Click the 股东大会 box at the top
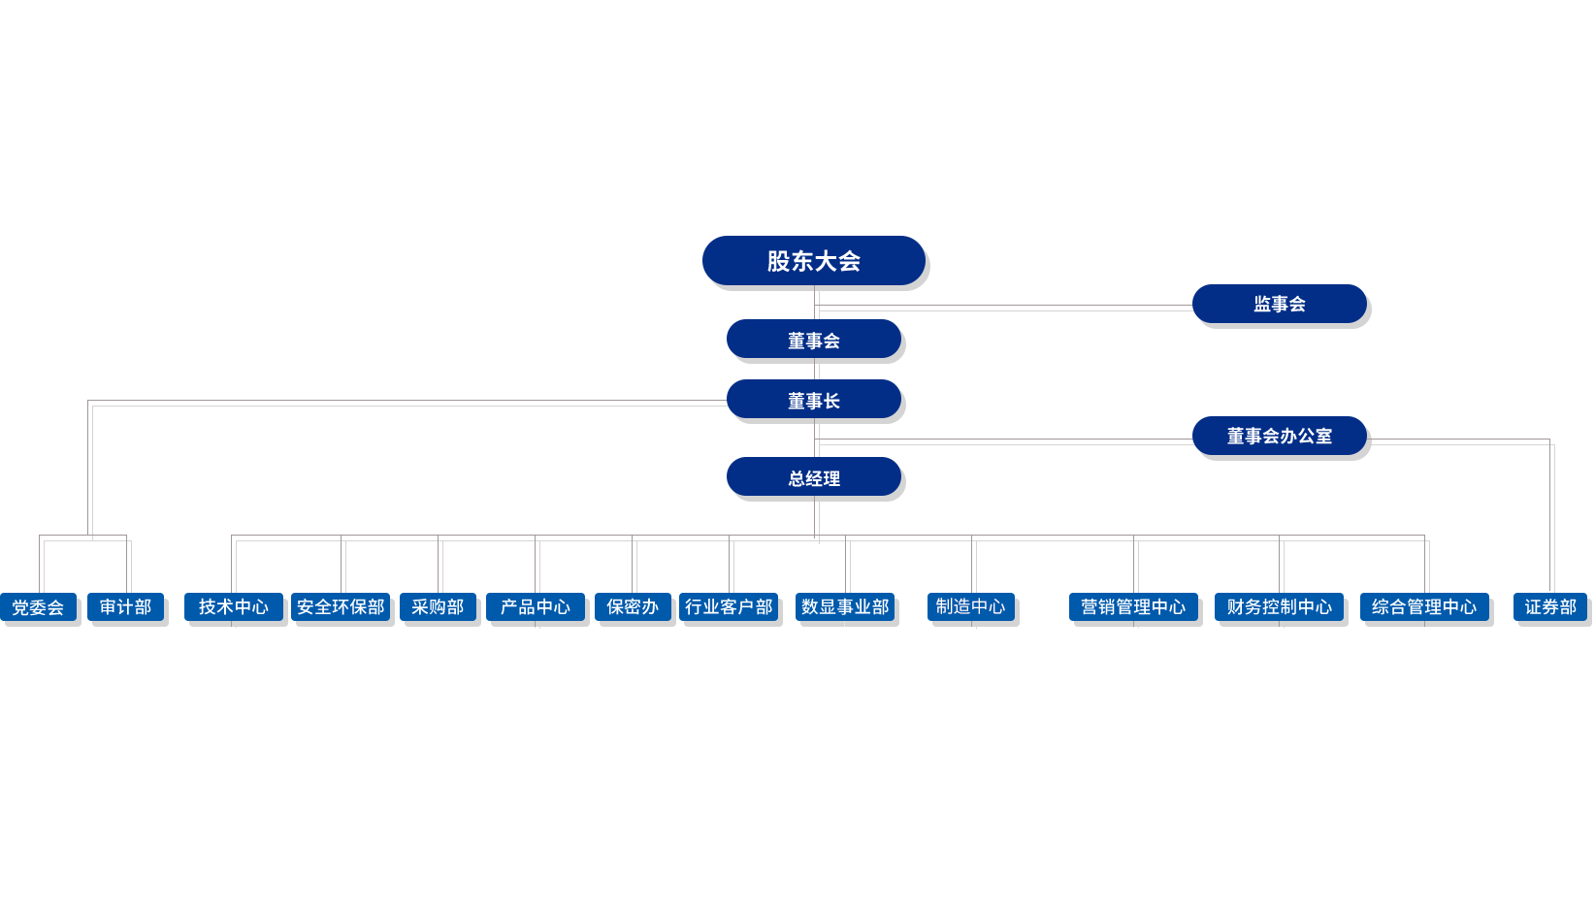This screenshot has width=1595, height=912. pyautogui.click(x=813, y=261)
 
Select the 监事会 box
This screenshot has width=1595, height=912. pyautogui.click(x=1279, y=304)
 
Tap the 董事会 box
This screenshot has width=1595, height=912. pyautogui.click(x=813, y=341)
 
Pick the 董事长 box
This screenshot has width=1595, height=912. pyautogui.click(x=813, y=401)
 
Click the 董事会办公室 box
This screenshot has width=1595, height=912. pyautogui.click(x=1279, y=436)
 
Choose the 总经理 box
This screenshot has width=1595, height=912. pyautogui.click(x=813, y=478)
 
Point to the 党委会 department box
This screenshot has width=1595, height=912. pyautogui.click(x=38, y=607)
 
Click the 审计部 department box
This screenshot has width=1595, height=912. pyautogui.click(x=125, y=607)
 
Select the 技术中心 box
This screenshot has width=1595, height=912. pyautogui.click(x=233, y=607)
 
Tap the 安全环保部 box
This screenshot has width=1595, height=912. pyautogui.click(x=341, y=607)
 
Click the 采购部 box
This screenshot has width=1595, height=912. pyautogui.click(x=438, y=607)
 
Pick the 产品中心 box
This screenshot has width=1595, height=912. pyautogui.click(x=535, y=607)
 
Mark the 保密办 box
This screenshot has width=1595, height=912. pyautogui.click(x=632, y=607)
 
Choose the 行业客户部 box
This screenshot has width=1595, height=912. pyautogui.click(x=729, y=607)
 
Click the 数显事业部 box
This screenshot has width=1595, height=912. pyautogui.click(x=845, y=607)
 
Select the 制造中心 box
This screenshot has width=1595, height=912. pyautogui.click(x=970, y=607)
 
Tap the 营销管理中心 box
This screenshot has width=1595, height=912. pyautogui.click(x=1133, y=607)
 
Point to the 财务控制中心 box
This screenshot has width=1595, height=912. pyautogui.click(x=1279, y=607)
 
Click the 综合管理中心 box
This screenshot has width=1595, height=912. pyautogui.click(x=1424, y=607)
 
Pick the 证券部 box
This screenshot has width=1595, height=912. pyautogui.click(x=1550, y=607)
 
